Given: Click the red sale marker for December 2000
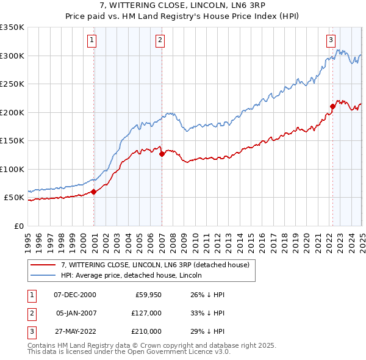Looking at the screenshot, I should tap(94, 192).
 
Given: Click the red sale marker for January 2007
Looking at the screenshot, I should tap(162, 154).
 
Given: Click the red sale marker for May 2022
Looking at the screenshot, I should tap(332, 107).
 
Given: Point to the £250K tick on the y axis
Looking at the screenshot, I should tap(12, 84).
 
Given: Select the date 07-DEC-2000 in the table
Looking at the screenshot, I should tap(75, 294).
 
